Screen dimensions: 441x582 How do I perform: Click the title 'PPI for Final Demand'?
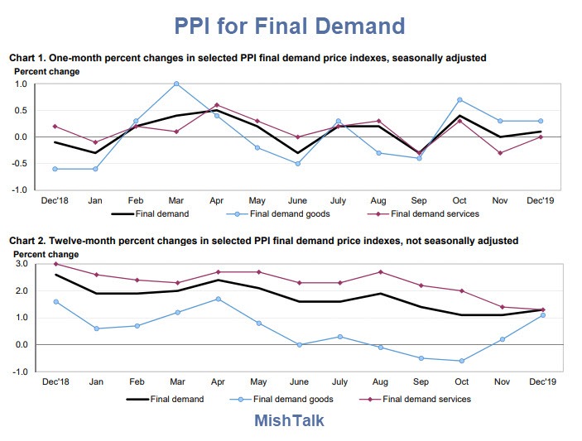pos(290,26)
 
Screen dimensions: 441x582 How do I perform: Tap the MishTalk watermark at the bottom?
pos(289,420)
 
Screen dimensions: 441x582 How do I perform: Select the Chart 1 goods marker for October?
pos(459,100)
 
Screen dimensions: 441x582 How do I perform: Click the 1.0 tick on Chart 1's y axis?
pos(21,84)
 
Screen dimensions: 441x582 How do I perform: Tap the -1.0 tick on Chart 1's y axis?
pos(19,189)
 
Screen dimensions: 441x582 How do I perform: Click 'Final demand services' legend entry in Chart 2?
pos(430,399)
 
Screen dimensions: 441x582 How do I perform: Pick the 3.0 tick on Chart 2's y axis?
pos(21,264)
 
